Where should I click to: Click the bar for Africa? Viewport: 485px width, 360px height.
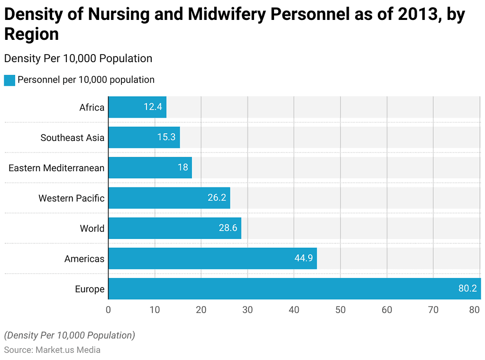pyautogui.click(x=137, y=107)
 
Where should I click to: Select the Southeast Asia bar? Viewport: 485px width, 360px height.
pyautogui.click(x=144, y=138)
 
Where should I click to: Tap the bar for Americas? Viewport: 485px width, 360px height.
pyautogui.click(x=212, y=258)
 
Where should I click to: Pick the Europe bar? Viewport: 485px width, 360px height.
pyautogui.click(x=294, y=288)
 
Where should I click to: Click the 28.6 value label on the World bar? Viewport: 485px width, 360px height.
pyautogui.click(x=228, y=228)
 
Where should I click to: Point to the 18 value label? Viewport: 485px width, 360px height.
pyautogui.click(x=183, y=167)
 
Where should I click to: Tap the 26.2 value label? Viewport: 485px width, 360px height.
pyautogui.click(x=217, y=198)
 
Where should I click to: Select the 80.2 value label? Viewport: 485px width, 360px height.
pyautogui.click(x=467, y=288)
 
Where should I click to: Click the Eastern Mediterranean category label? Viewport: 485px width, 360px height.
pyautogui.click(x=56, y=168)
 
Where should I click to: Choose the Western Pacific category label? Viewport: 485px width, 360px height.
pyautogui.click(x=71, y=198)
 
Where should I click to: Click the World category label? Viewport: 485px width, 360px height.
pyautogui.click(x=92, y=229)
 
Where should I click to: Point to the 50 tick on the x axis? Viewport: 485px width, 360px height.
pyautogui.click(x=340, y=310)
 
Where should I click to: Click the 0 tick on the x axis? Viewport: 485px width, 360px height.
pyautogui.click(x=108, y=310)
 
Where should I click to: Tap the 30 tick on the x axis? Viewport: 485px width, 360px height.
pyautogui.click(x=247, y=310)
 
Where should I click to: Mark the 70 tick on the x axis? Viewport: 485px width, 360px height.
pyautogui.click(x=433, y=310)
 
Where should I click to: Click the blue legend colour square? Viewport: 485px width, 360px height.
pyautogui.click(x=9, y=80)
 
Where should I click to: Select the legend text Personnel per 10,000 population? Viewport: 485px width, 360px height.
pyautogui.click(x=86, y=80)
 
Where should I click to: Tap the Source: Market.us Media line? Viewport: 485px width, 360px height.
pyautogui.click(x=52, y=350)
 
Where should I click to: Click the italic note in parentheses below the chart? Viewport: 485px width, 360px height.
pyautogui.click(x=70, y=335)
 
